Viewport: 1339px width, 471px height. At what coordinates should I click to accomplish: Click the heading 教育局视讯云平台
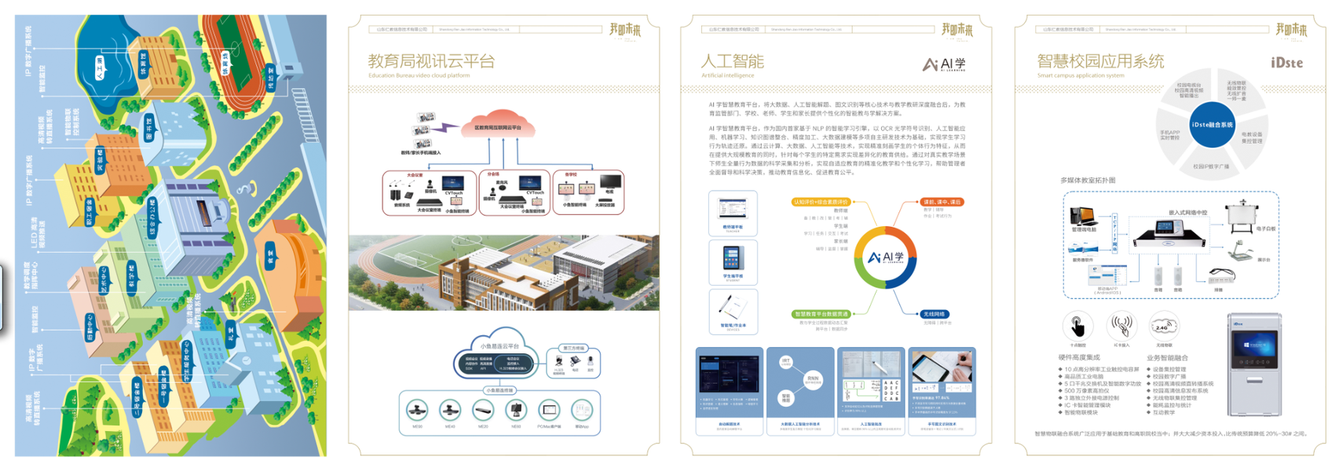click(431, 61)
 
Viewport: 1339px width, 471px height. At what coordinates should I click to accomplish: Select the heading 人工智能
click(732, 61)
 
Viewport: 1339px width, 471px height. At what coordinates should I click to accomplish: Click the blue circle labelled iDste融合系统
click(1211, 125)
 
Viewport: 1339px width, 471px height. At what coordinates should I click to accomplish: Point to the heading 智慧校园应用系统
click(1100, 61)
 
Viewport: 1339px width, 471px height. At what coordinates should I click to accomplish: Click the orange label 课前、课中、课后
click(941, 202)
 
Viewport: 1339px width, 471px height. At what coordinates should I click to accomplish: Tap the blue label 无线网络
click(934, 314)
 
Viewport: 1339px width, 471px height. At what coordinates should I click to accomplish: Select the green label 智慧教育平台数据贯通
click(820, 314)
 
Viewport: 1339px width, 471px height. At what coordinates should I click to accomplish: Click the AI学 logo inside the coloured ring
click(885, 257)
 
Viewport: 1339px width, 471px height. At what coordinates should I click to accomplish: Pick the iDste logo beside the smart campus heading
click(1286, 63)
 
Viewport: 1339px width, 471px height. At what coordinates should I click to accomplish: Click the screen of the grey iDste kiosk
click(1254, 345)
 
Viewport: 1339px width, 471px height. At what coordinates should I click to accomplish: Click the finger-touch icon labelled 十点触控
click(1077, 326)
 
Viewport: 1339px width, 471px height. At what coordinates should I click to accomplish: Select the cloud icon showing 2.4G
click(1163, 326)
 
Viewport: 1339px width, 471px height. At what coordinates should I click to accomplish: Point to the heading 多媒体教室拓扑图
click(1088, 181)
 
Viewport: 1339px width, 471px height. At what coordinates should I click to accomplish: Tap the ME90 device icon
click(417, 410)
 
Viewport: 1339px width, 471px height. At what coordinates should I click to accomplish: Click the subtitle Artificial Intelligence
click(727, 75)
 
